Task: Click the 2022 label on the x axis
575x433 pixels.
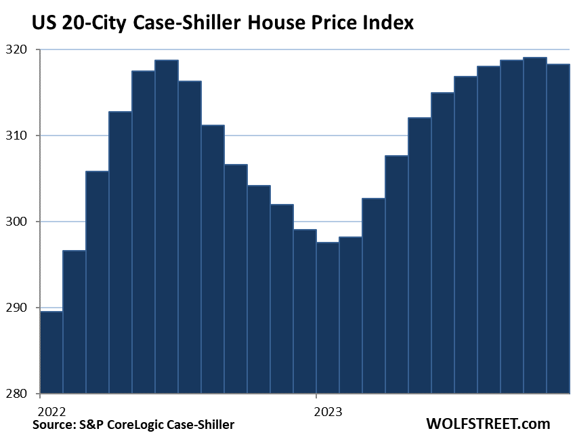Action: tap(51, 411)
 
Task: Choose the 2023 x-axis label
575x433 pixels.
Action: tap(327, 411)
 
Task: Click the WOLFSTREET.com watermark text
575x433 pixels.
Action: tap(488, 424)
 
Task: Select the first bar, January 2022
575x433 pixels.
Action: tap(51, 352)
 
